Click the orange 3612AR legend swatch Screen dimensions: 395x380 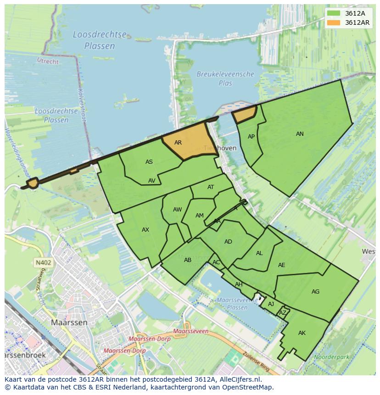click(x=334, y=22)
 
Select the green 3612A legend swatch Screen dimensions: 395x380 click(x=334, y=13)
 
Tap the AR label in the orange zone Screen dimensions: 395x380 click(x=178, y=143)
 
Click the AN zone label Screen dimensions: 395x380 click(x=300, y=134)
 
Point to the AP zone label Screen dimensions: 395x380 click(x=251, y=137)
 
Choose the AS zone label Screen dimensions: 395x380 click(x=149, y=162)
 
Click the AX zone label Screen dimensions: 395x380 click(x=145, y=230)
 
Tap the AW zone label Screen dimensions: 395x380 click(x=177, y=210)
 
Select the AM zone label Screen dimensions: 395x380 click(x=199, y=216)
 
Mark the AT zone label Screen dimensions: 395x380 click(x=211, y=187)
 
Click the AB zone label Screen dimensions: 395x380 click(x=187, y=260)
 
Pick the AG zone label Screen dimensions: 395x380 click(x=315, y=292)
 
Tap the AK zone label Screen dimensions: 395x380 click(x=302, y=333)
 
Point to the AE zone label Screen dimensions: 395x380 click(x=281, y=265)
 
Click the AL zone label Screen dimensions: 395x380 click(x=259, y=253)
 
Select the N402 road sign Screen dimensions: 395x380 click(x=43, y=263)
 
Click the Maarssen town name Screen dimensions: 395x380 click(x=69, y=323)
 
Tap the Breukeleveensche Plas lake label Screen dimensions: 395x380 click(x=225, y=78)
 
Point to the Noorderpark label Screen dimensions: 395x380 click(x=330, y=356)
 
